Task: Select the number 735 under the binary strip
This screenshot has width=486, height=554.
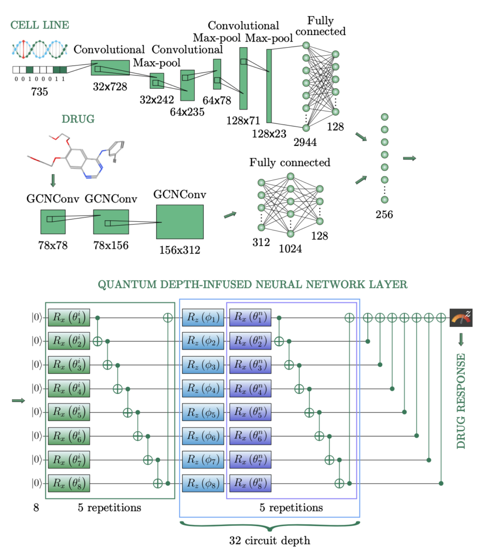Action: point(39,92)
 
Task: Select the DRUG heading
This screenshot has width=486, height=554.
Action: point(78,118)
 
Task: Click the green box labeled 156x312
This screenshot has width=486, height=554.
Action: point(179,222)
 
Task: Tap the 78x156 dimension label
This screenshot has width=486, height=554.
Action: point(110,245)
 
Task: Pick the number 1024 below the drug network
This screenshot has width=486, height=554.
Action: point(290,249)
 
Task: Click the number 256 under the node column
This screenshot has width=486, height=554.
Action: point(384,214)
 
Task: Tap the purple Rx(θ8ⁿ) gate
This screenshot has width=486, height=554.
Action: point(250,482)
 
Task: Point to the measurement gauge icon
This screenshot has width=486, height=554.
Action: point(461,318)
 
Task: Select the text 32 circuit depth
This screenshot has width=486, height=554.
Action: point(269,539)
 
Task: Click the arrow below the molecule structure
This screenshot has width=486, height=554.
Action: point(52,180)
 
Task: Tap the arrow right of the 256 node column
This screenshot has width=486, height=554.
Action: point(410,158)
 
